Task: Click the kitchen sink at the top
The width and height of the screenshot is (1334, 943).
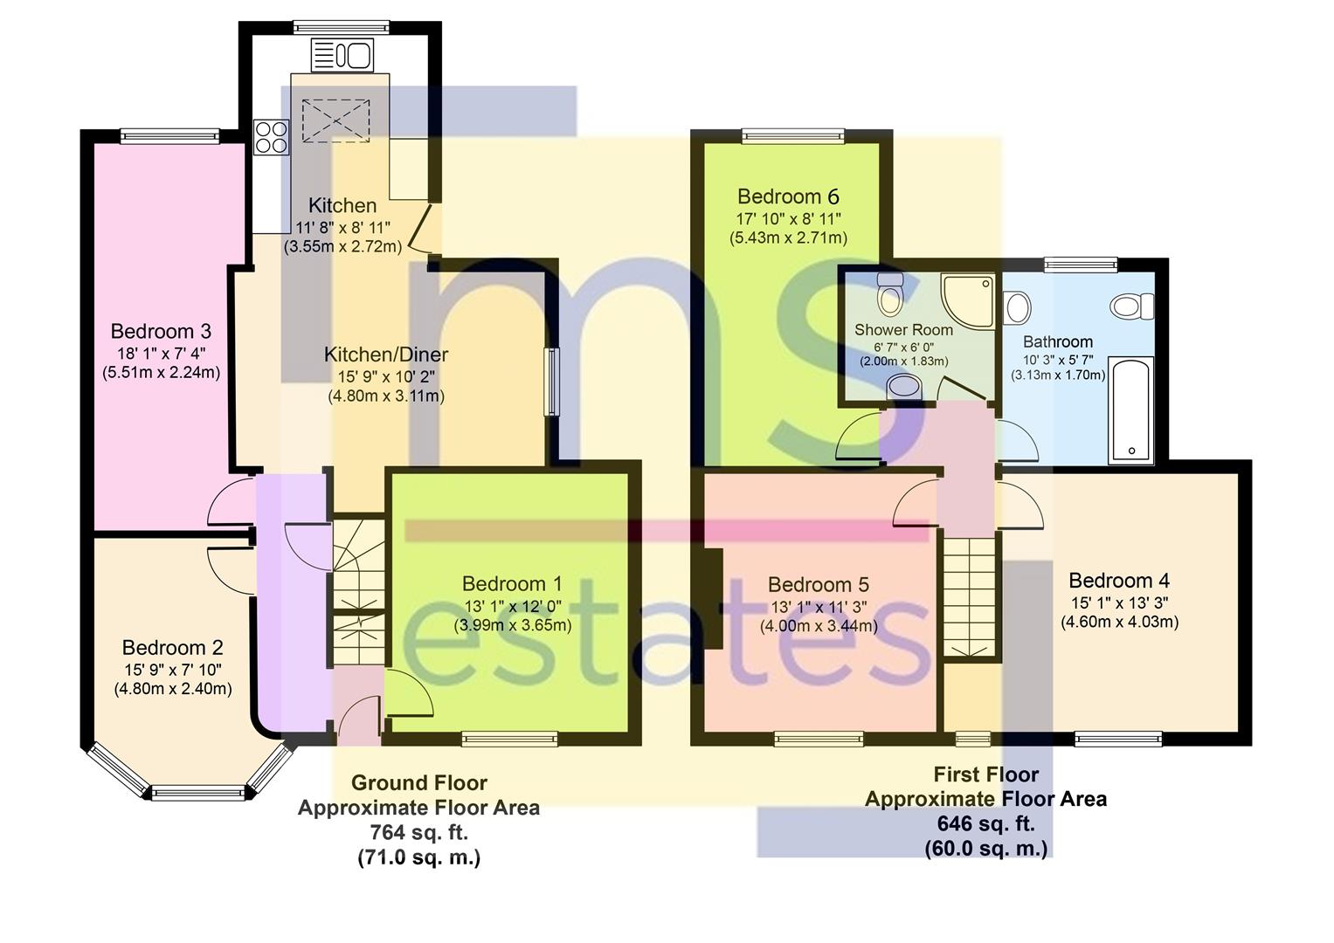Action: pos(342,56)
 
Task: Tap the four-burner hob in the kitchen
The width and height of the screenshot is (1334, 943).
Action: pos(271,136)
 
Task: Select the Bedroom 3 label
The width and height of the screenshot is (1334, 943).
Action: pos(161,332)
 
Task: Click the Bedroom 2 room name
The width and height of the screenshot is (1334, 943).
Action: pos(172,648)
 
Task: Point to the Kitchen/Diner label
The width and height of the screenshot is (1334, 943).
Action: pos(386,354)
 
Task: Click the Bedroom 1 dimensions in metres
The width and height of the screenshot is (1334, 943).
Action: pos(512,625)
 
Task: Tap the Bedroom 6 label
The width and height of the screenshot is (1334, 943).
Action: pos(788,196)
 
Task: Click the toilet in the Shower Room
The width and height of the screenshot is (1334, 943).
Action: pos(890,294)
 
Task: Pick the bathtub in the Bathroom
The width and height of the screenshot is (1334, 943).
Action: pos(1131,410)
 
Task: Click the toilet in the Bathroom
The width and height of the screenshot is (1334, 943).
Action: pos(1132,306)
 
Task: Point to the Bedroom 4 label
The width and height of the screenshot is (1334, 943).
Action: pos(1119,581)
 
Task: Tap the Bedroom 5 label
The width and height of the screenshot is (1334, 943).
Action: pos(818,585)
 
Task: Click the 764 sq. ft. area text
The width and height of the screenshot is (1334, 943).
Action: pos(418,833)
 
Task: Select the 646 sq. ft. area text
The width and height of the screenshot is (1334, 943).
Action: pos(985,823)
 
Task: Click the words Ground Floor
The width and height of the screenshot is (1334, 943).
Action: pos(418,783)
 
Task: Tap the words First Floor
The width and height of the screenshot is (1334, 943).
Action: pos(985,774)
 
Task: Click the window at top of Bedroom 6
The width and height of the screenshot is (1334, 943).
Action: pos(794,135)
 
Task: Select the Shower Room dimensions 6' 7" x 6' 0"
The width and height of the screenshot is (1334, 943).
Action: pos(903,347)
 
